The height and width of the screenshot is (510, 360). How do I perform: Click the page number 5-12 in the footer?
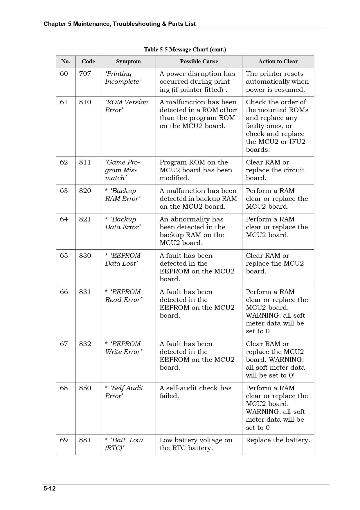(x=50, y=488)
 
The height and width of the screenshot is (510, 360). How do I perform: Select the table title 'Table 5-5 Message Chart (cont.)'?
(x=185, y=49)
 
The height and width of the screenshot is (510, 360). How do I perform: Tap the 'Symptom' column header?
(x=128, y=62)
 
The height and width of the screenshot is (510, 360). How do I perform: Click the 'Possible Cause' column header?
(x=199, y=62)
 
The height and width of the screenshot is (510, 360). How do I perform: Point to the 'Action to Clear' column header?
(x=278, y=62)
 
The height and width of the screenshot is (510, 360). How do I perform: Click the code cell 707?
(x=85, y=74)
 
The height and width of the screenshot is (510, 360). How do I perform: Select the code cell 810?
(x=85, y=102)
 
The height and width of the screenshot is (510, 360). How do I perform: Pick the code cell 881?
(x=85, y=440)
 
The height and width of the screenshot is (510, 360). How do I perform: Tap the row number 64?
(x=64, y=219)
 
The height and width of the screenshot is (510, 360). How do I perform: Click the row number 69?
(x=64, y=440)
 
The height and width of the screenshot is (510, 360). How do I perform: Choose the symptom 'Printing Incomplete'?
(x=123, y=78)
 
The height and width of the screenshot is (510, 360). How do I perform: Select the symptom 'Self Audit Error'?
(x=124, y=392)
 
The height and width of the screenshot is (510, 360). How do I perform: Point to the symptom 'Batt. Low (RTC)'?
(x=124, y=444)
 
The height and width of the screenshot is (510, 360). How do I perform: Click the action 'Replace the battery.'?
(x=278, y=440)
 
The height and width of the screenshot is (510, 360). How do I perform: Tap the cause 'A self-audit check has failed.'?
(x=195, y=392)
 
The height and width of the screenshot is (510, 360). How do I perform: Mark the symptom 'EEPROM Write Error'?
(x=123, y=348)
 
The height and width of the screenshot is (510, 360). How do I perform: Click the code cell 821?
(x=85, y=219)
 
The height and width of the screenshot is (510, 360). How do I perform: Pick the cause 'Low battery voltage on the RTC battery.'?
(x=196, y=444)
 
